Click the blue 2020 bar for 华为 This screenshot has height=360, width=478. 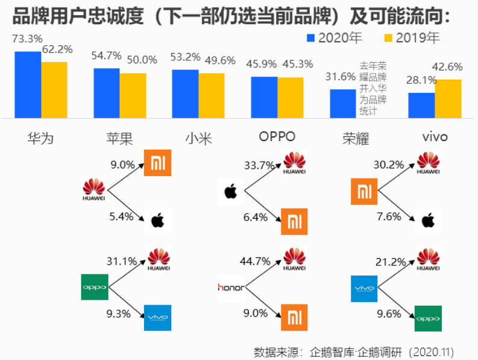click(x=28, y=84)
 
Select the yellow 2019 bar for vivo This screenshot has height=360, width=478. click(x=448, y=99)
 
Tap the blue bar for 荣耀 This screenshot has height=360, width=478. click(x=343, y=104)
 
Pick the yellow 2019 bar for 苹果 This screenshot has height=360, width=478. click(x=133, y=95)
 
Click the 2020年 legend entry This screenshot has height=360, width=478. click(x=334, y=38)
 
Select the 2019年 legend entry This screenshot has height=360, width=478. click(x=411, y=38)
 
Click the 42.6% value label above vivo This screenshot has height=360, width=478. click(x=447, y=67)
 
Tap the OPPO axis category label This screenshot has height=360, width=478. click(x=277, y=136)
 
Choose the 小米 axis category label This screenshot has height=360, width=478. click(x=198, y=138)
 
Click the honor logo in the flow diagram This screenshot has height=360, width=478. click(x=231, y=288)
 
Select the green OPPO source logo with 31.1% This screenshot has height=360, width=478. click(x=94, y=287)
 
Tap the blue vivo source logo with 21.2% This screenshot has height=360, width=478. click(x=363, y=288)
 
